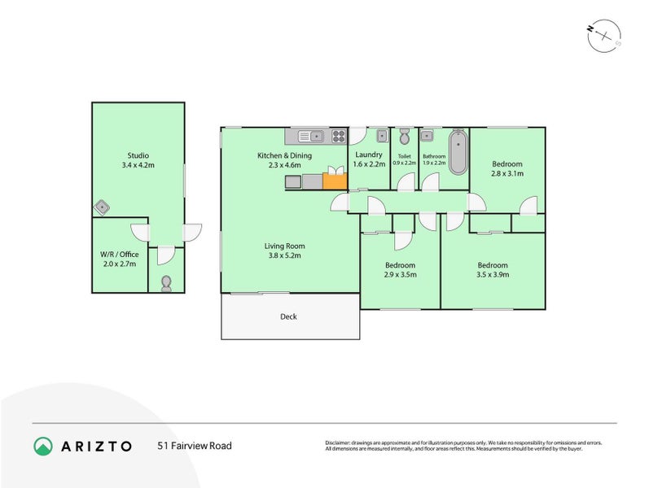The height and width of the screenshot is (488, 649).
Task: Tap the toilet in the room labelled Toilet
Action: [403, 137]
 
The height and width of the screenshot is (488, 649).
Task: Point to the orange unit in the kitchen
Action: [333, 181]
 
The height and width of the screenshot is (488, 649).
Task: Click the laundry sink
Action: [382, 137]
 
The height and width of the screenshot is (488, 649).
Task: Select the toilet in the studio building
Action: [167, 283]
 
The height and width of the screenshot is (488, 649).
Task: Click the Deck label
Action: [288, 316]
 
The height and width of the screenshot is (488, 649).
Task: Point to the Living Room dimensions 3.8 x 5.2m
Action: [284, 255]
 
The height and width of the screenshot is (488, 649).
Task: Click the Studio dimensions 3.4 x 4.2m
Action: [138, 165]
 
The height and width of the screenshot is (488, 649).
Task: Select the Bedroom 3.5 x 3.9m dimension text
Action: [493, 275]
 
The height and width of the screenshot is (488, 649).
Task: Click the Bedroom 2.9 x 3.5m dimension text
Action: [401, 275]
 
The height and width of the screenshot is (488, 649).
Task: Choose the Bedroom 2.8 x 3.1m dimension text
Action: [506, 173]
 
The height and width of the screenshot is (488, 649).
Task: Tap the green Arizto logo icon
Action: [42, 446]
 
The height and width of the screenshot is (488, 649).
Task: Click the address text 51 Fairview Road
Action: [195, 446]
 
